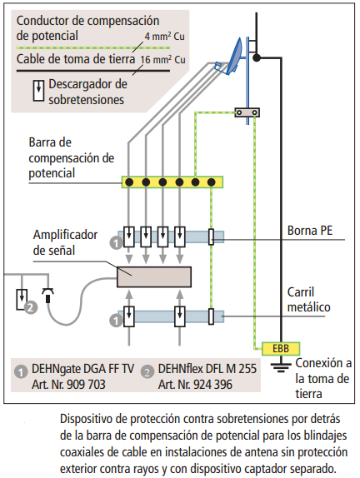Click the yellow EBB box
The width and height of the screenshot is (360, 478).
(281, 348)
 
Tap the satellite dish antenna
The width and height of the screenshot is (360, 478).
(232, 58)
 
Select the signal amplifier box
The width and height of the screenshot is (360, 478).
(154, 276)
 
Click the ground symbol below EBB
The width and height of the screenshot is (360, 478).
(281, 367)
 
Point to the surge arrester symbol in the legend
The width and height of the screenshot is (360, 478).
(38, 90)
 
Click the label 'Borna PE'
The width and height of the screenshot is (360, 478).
(310, 231)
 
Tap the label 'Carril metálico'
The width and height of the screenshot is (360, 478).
(308, 300)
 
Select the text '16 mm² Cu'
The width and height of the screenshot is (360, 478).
(162, 59)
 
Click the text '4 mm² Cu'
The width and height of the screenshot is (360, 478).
(164, 37)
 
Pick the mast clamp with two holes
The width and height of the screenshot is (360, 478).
(247, 112)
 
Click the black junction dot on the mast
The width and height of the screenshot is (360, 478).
(257, 57)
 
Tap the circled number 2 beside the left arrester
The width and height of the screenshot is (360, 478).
(31, 307)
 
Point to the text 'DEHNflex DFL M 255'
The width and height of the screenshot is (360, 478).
(207, 369)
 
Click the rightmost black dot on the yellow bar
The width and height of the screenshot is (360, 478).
(212, 182)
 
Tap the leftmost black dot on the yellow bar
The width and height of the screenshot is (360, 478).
(129, 182)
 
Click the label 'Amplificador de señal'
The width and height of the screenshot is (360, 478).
(65, 242)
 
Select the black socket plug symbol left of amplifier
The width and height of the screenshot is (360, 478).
(47, 295)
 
